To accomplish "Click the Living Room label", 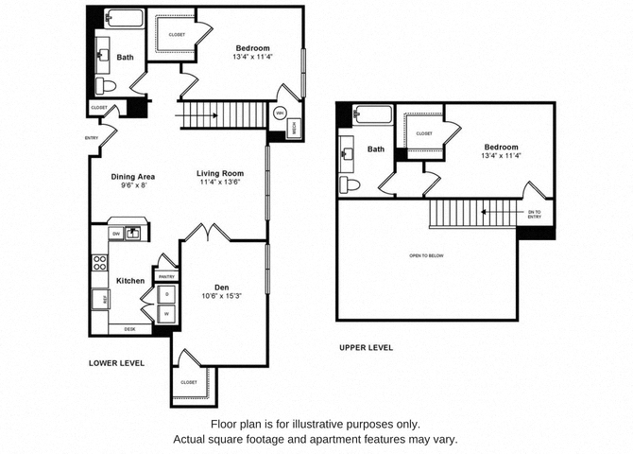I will pos(220,173).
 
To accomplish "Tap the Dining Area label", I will pos(132,176).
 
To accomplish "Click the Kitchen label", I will pos(129,281).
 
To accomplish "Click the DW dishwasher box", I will pos(115,232).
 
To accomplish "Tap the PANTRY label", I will pos(166,276).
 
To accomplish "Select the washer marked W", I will pos(167,314).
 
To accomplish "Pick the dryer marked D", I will pos(167,295).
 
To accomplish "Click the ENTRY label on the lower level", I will pos(91,139).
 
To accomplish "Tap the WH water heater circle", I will pos(280,113).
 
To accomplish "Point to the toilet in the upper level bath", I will pos(348,183).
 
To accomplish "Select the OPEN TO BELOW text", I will pos(427,255).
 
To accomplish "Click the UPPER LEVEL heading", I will pos(366,347).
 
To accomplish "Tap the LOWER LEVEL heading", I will pos(116,362).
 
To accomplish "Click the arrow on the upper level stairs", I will pos(486,213).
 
